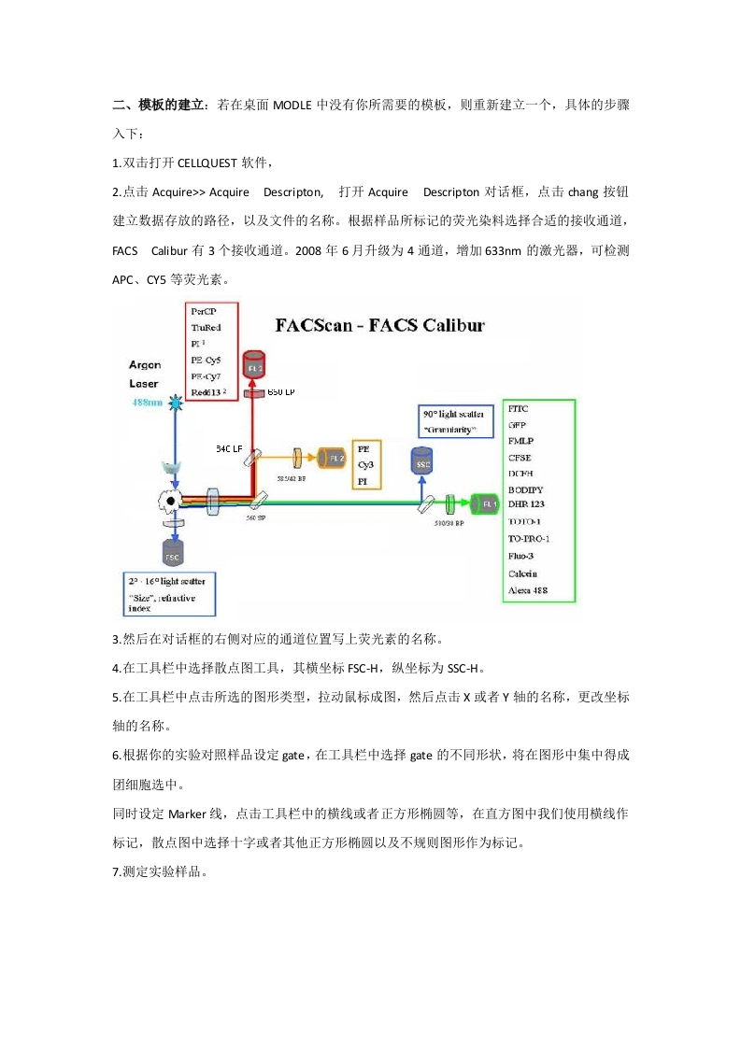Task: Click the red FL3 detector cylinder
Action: coord(253,367)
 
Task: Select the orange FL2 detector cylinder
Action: coord(332,458)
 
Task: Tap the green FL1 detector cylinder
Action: coord(487,503)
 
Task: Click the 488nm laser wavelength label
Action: coord(148,403)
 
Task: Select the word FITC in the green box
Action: coord(519,409)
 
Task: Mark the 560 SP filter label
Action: coord(256,517)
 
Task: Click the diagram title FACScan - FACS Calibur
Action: coord(379,326)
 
